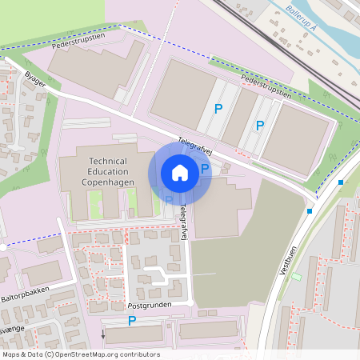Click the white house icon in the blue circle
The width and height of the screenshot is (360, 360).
(x=180, y=173)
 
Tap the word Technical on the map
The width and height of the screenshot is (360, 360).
(x=109, y=160)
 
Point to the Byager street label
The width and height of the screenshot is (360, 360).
(x=35, y=78)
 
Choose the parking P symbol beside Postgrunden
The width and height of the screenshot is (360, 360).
(x=133, y=321)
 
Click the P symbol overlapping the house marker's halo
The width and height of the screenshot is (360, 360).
(x=205, y=168)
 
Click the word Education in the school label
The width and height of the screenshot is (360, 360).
(x=109, y=171)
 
